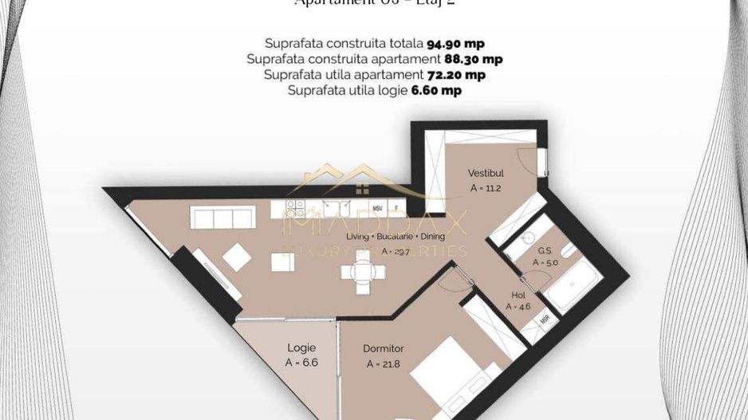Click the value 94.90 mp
[455, 43]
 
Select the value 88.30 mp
[473, 59]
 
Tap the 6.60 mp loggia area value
[436, 91]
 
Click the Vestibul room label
[486, 173]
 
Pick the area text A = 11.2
[486, 189]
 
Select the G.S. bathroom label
[545, 250]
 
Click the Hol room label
[518, 295]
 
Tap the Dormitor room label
[383, 348]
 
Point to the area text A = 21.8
[383, 364]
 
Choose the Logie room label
[301, 347]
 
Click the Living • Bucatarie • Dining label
[396, 236]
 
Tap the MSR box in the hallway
[545, 319]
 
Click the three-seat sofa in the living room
[222, 218]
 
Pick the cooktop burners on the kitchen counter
[296, 209]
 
